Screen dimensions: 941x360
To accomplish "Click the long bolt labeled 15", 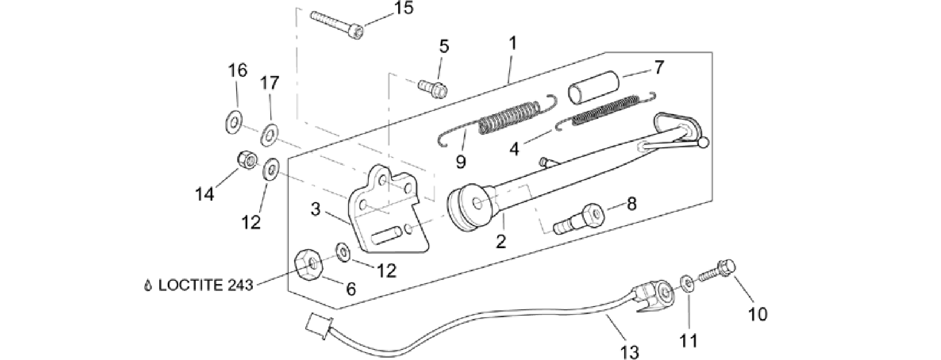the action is pyautogui.click(x=337, y=24).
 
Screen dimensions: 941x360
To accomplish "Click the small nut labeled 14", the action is pyautogui.click(x=246, y=161).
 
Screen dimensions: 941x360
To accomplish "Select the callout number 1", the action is pyautogui.click(x=512, y=44).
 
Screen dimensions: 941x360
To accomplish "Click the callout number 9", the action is pyautogui.click(x=461, y=162).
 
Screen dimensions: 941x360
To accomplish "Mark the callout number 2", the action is pyautogui.click(x=501, y=241).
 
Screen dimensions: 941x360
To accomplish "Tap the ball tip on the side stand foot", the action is pyautogui.click(x=704, y=143).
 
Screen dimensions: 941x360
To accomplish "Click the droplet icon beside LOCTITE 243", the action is pyautogui.click(x=148, y=285).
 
